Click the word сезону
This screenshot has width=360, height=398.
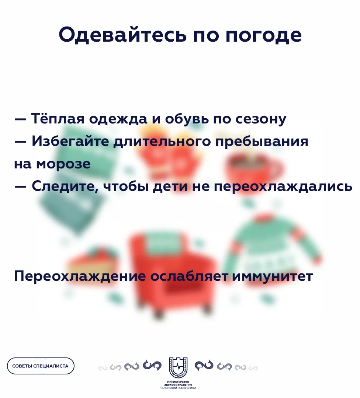(261, 119)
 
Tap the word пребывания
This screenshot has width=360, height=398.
(262, 142)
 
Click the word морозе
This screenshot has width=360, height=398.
(63, 164)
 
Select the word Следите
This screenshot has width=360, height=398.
(65, 186)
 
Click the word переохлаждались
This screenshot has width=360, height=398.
(283, 186)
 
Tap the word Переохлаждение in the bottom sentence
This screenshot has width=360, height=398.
(80, 276)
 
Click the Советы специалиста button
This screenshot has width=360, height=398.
(41, 366)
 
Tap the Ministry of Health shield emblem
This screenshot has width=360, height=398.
(178, 367)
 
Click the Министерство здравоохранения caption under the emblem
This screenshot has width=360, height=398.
(178, 385)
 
